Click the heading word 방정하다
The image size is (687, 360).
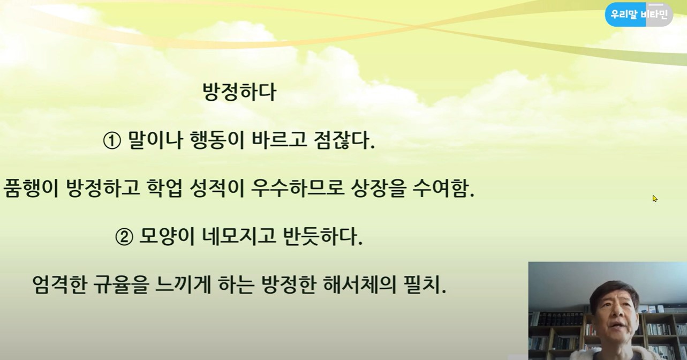coord(239,92)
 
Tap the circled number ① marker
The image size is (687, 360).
coord(111,141)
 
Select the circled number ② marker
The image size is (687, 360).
coord(124,237)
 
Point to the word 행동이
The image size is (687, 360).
coord(217,140)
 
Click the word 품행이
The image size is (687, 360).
coord(31,188)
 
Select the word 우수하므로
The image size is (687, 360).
coord(297,188)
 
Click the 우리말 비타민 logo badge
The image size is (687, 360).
coord(639,14)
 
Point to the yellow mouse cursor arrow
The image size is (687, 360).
coord(655,199)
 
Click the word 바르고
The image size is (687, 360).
coord(279,140)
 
